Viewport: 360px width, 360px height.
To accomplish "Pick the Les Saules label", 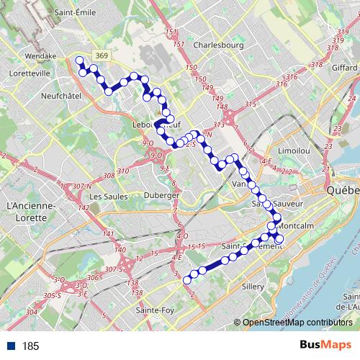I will pos(104,196).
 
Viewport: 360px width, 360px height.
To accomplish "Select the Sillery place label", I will pos(256,286).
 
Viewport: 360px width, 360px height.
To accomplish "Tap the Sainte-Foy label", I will pos(154,310).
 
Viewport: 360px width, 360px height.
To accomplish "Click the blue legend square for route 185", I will pos(12,346).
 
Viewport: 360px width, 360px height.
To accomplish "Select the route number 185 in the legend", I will pos(30,346).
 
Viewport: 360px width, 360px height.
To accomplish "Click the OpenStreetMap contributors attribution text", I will pos(297,323).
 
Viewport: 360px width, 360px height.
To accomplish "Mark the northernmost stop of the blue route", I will pos(79,60).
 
